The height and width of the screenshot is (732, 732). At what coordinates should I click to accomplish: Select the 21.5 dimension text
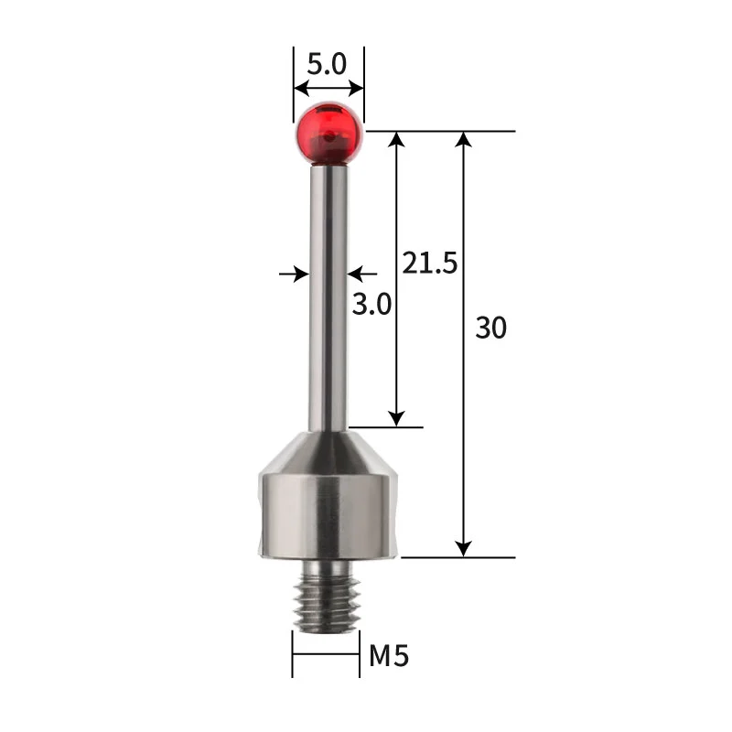(x=429, y=264)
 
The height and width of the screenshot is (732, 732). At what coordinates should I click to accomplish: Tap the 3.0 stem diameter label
(x=372, y=304)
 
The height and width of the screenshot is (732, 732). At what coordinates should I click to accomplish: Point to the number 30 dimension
(x=490, y=328)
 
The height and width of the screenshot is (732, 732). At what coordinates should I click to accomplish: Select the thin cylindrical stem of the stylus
(x=328, y=293)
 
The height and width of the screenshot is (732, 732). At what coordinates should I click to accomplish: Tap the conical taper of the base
(x=328, y=450)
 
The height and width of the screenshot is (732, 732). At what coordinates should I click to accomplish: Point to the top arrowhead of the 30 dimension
(x=464, y=140)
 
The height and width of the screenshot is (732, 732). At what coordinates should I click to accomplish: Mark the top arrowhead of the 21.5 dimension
(x=396, y=140)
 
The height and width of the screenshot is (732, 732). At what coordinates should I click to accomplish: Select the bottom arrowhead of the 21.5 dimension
(x=396, y=418)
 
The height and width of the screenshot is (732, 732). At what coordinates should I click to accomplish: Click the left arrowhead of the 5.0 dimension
(x=300, y=90)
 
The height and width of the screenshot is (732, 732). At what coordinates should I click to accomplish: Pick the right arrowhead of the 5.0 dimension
(x=357, y=90)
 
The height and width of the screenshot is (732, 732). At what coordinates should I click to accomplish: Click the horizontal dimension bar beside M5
(x=326, y=653)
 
